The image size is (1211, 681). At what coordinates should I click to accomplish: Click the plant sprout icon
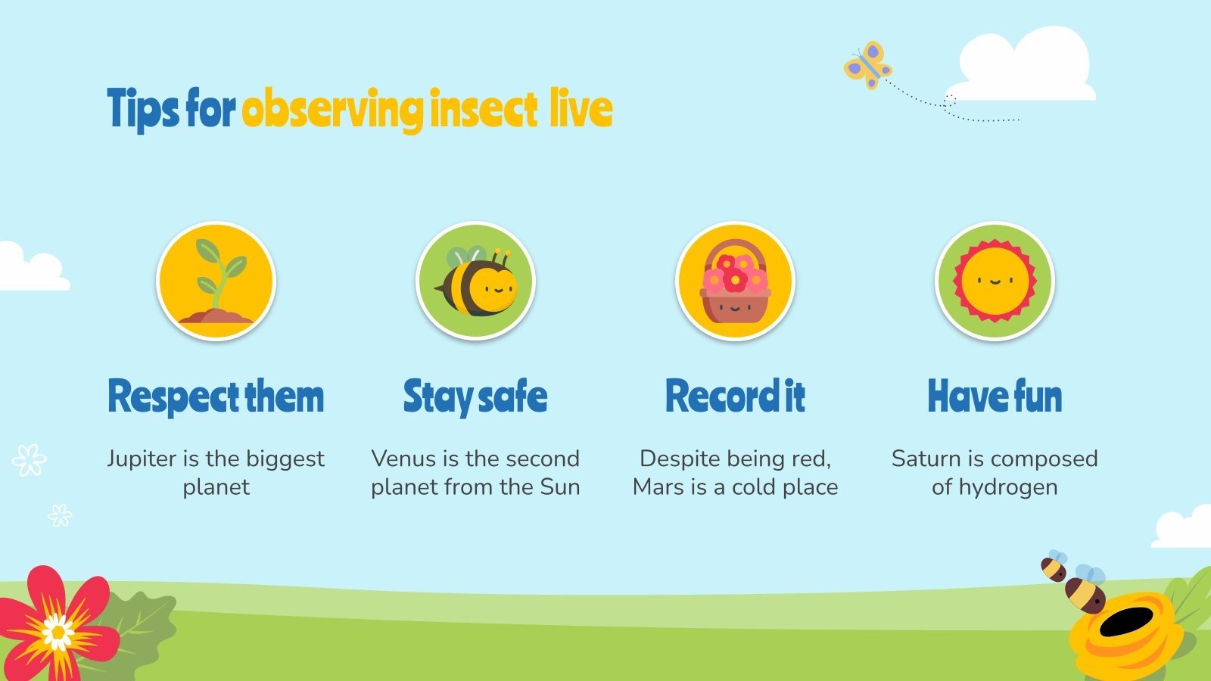(x=216, y=281)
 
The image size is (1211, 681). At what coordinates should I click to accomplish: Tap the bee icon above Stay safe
(x=476, y=281)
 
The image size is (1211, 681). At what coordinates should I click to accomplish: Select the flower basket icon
(x=735, y=281)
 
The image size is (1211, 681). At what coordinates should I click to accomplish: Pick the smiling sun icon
(x=995, y=281)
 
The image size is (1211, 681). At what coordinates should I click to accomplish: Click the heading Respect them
(x=216, y=396)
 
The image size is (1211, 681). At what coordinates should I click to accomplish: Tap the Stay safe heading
(x=475, y=396)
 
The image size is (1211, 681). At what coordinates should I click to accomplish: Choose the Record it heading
(x=735, y=396)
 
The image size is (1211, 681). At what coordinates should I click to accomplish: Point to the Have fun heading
(x=995, y=396)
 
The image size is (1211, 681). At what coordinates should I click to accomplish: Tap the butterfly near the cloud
(x=868, y=65)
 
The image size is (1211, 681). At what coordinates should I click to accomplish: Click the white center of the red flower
(x=58, y=631)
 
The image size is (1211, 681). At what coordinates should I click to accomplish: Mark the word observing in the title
(x=332, y=110)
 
